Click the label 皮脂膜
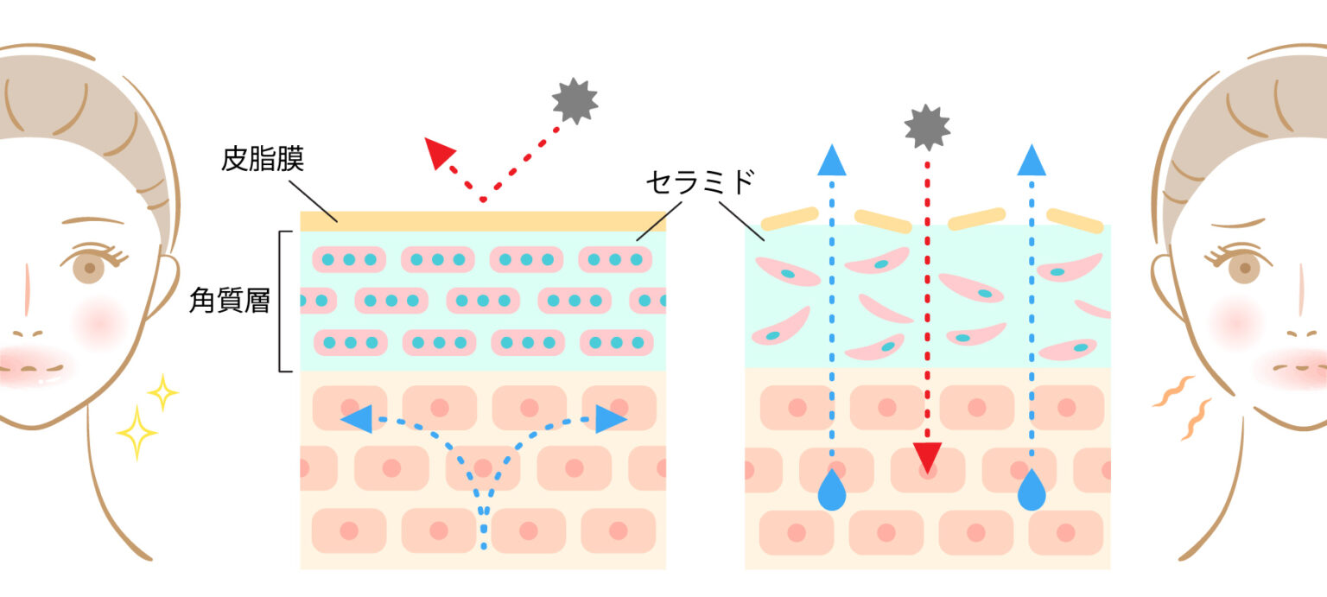(x=263, y=159)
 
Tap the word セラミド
(x=701, y=181)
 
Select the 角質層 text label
(x=230, y=301)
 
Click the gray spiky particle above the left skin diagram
(x=575, y=101)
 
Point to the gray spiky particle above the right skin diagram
(x=927, y=127)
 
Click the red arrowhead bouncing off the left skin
(x=439, y=153)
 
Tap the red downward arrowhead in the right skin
(x=927, y=457)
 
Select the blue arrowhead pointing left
(x=357, y=419)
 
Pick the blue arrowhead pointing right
(x=611, y=419)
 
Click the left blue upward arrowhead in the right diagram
(x=832, y=161)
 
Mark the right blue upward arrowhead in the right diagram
(x=1032, y=161)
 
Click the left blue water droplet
(x=832, y=491)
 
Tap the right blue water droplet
(x=1032, y=491)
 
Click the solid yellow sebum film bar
(x=483, y=221)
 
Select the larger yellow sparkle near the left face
(x=137, y=433)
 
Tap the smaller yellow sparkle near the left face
(x=162, y=392)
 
